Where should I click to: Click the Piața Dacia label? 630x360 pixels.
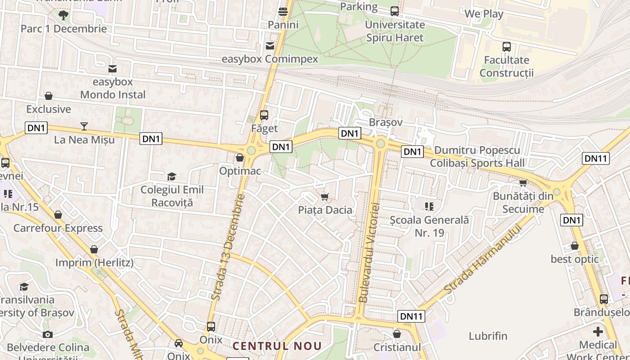[x=325, y=210]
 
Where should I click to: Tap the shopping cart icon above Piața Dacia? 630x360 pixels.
[x=324, y=197]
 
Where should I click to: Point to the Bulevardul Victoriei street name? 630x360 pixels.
[x=370, y=252]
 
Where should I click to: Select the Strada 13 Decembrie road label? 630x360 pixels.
[x=228, y=247]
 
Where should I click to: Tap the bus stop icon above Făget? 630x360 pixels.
[x=264, y=115]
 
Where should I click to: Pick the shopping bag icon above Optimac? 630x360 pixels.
[x=240, y=158]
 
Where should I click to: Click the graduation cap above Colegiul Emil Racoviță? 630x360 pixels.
[x=171, y=176]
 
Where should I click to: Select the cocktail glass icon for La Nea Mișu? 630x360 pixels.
[x=84, y=126]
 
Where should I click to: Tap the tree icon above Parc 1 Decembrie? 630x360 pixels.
[x=63, y=15]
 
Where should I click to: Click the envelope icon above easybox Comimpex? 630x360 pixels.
[x=270, y=46]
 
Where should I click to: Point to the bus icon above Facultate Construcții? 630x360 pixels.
[x=507, y=46]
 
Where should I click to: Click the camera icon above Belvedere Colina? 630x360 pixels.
[x=48, y=334]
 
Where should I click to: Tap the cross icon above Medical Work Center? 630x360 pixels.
[x=598, y=332]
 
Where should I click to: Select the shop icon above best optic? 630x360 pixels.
[x=575, y=246]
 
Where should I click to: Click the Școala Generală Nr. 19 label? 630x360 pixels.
[x=429, y=226]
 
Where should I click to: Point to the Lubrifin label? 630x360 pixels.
[x=488, y=336]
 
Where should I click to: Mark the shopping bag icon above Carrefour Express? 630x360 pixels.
[x=58, y=215]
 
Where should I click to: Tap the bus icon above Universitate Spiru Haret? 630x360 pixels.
[x=395, y=11]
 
